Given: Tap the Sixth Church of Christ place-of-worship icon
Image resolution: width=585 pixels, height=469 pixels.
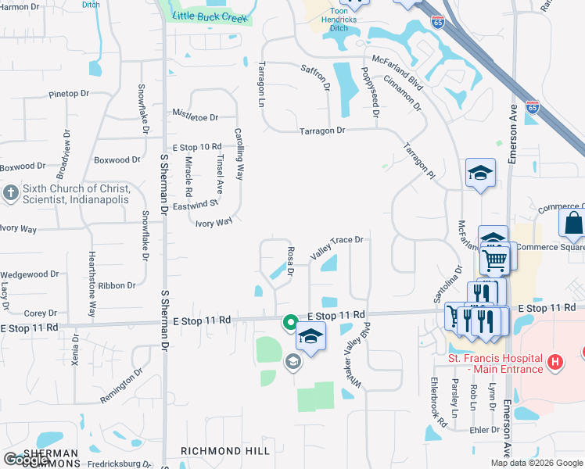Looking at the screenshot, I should click(x=11, y=193).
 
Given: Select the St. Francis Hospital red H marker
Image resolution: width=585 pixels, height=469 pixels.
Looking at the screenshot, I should click(x=554, y=362).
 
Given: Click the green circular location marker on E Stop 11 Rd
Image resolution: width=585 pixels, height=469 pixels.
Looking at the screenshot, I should click(x=289, y=321).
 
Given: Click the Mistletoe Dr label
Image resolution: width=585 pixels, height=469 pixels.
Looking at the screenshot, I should click(x=195, y=117).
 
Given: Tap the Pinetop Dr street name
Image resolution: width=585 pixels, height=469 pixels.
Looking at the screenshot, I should click(x=69, y=94).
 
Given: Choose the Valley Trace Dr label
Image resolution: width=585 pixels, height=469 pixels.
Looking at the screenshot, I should click(x=337, y=248).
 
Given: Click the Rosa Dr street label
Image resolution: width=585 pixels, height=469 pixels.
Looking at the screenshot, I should click(x=290, y=262).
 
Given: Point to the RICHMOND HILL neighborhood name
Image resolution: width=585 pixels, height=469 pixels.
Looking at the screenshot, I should click(x=225, y=451).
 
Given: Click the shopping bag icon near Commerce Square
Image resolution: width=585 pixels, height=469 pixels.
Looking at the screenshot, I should click(x=573, y=224).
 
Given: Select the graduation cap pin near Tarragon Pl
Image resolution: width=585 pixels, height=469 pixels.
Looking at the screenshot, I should click(x=480, y=174).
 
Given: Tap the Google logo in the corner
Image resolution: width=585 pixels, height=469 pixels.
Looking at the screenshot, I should click(x=27, y=460).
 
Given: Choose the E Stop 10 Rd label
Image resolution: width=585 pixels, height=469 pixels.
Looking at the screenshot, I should click(x=197, y=147).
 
